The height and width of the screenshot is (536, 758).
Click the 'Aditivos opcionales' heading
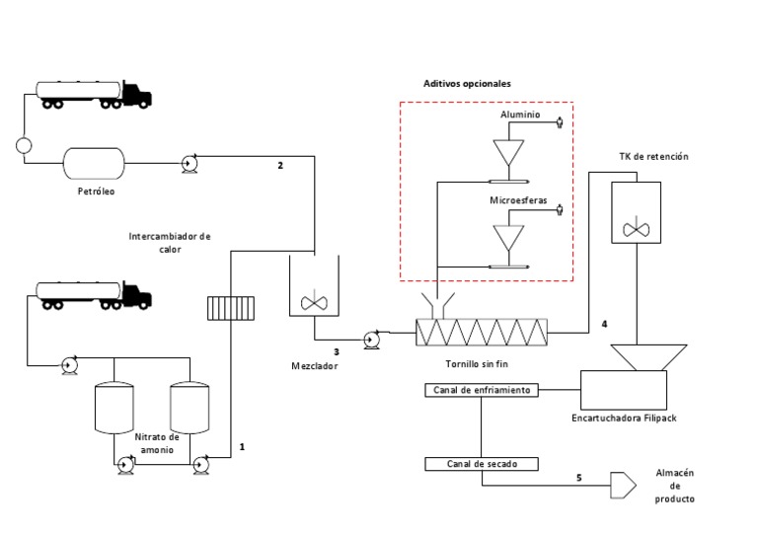[467, 84]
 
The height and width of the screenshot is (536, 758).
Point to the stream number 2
[280, 166]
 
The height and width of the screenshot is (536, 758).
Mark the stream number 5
[578, 478]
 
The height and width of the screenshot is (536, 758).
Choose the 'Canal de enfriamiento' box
[481, 390]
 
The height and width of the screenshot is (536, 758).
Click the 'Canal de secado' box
[481, 463]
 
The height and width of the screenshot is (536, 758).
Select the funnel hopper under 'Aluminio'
[509, 152]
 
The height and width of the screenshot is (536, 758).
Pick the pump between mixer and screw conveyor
[372, 341]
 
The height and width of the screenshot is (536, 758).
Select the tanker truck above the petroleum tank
[95, 93]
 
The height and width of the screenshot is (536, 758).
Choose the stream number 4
[604, 324]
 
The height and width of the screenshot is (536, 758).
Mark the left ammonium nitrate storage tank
[114, 408]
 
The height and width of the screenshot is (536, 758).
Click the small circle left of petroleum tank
[24, 146]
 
